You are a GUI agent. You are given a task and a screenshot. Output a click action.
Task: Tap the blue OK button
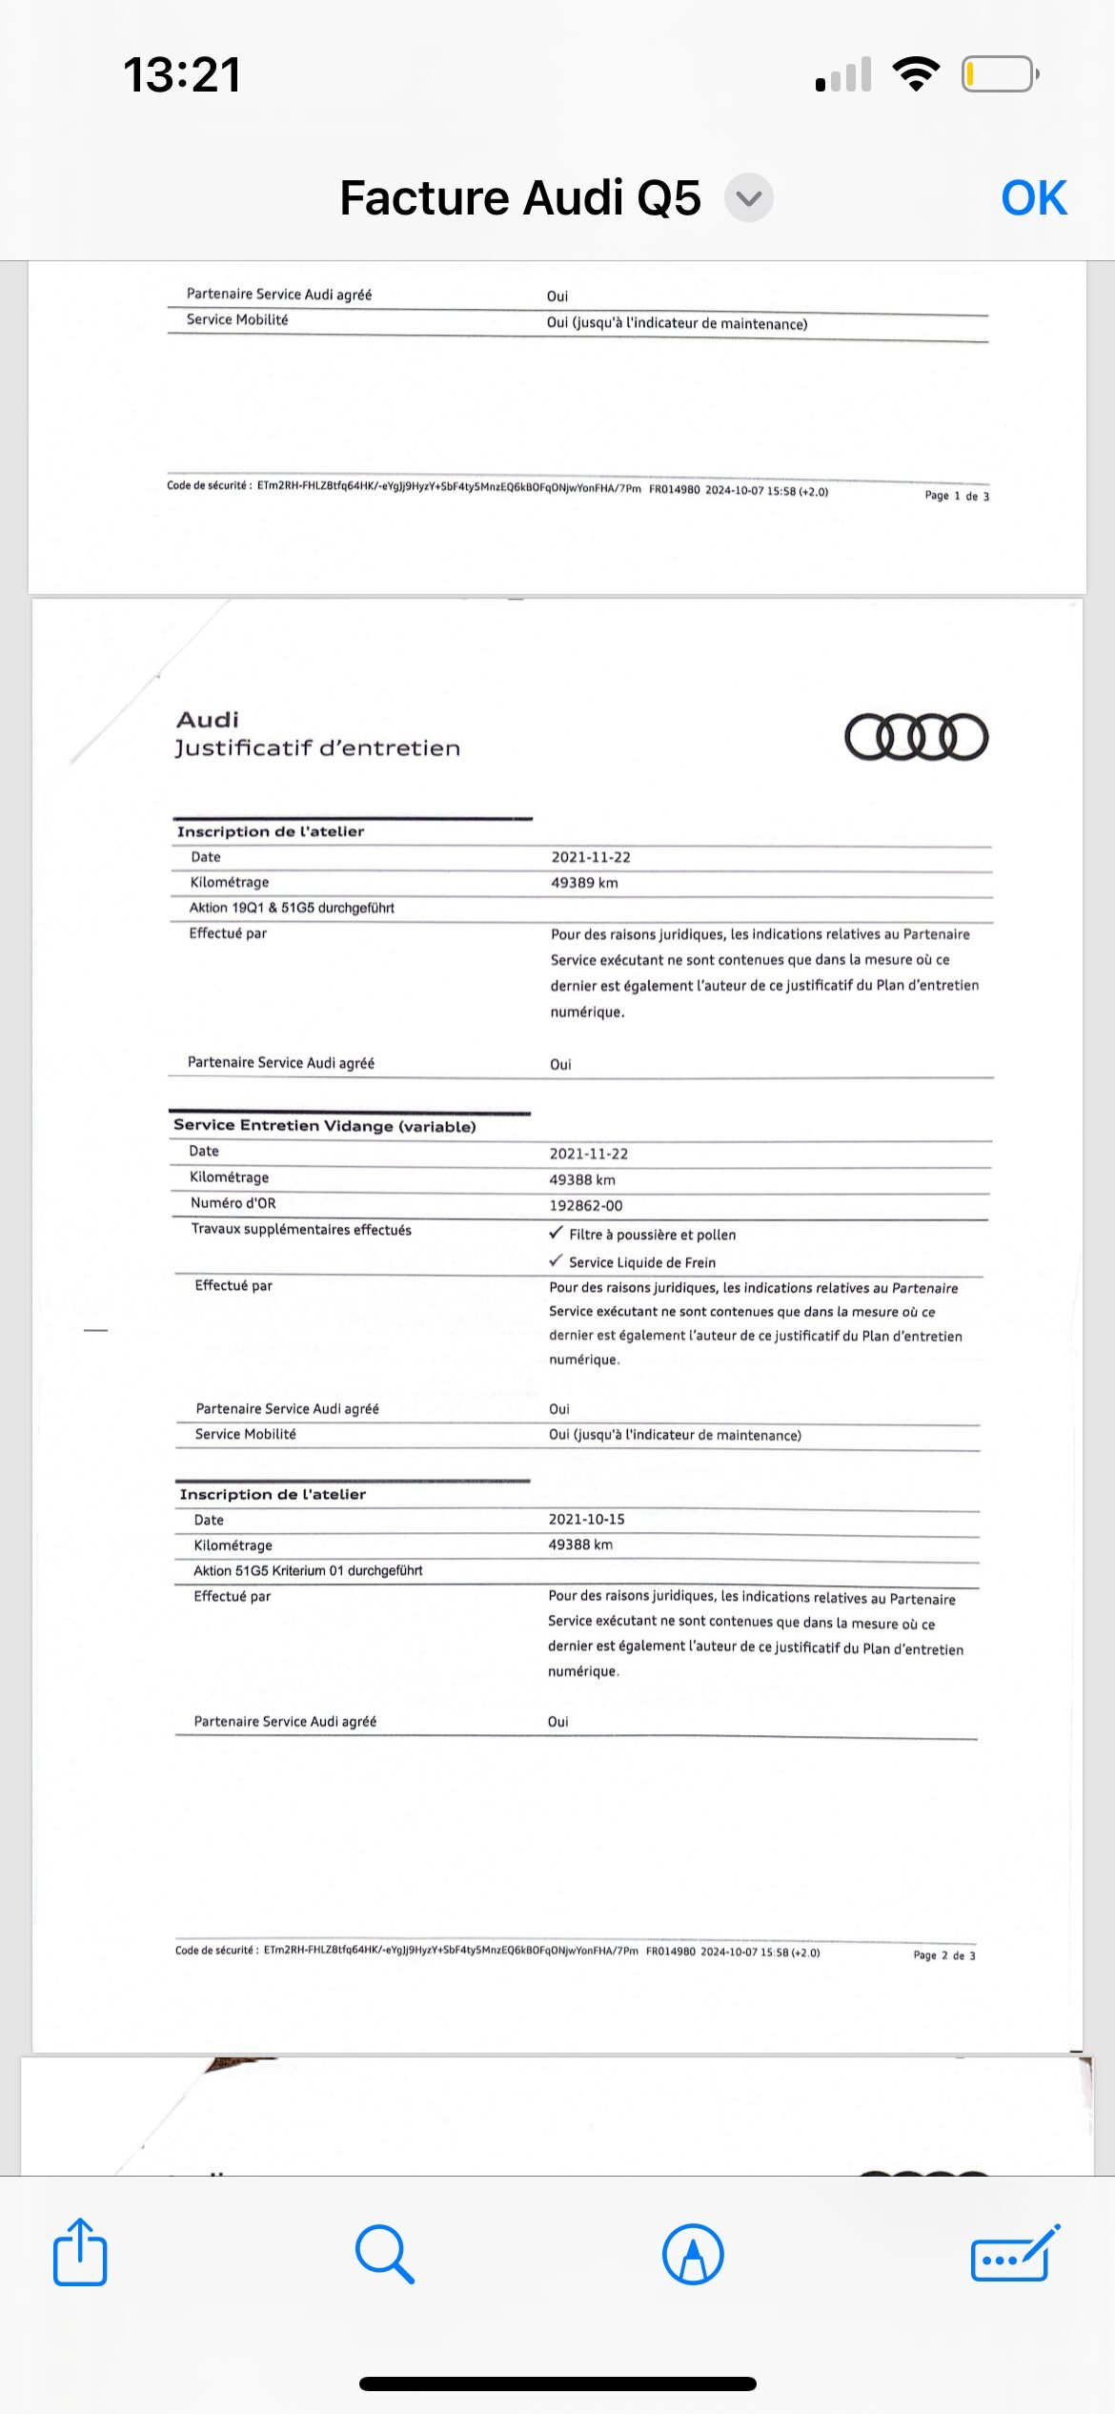click(x=1033, y=198)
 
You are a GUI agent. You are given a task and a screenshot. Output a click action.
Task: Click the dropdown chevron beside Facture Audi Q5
click(x=749, y=198)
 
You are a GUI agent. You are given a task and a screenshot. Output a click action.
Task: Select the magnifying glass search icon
click(x=384, y=2254)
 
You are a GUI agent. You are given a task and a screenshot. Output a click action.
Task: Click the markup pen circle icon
click(x=693, y=2254)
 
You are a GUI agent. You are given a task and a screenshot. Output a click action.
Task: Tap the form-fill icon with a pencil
click(x=1014, y=2254)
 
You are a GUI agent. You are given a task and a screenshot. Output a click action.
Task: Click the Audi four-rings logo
click(x=916, y=737)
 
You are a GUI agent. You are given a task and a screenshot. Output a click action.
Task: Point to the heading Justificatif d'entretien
click(x=317, y=748)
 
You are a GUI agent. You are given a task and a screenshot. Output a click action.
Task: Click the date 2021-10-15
click(x=586, y=1519)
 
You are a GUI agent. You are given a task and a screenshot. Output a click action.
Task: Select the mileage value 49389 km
click(x=584, y=883)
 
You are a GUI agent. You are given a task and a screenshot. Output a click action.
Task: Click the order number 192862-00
click(x=586, y=1205)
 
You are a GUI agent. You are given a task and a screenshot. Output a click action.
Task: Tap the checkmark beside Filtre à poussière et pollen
click(x=557, y=1233)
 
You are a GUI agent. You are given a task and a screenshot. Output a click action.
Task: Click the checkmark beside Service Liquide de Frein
click(x=557, y=1260)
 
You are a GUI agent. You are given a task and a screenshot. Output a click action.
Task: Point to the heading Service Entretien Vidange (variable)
click(x=324, y=1126)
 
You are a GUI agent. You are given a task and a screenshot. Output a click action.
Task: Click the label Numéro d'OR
click(x=233, y=1203)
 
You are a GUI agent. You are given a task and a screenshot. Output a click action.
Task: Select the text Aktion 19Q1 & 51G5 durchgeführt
click(x=292, y=908)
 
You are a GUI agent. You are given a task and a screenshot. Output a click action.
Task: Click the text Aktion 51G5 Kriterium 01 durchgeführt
click(x=308, y=1570)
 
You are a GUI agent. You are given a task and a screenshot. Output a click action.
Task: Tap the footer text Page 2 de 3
click(x=943, y=1955)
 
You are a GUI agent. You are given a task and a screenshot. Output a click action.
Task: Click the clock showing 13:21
click(x=182, y=74)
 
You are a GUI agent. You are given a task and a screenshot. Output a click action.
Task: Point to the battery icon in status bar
click(x=1000, y=74)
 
